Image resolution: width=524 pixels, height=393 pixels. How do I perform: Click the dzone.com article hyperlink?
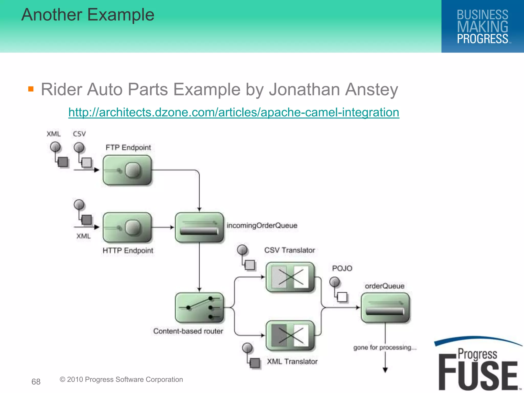click(234, 112)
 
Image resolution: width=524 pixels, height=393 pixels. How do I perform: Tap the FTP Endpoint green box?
click(127, 170)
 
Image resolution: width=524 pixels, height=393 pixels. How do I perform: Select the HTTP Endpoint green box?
click(127, 227)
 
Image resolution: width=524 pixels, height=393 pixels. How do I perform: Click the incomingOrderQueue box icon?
click(199, 227)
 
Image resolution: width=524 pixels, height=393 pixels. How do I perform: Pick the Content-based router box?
click(199, 308)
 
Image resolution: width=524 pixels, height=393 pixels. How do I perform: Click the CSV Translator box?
click(290, 277)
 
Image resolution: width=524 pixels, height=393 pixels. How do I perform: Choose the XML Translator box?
click(290, 335)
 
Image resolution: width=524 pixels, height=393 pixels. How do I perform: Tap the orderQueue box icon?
click(385, 308)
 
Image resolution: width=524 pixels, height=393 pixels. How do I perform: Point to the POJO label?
click(342, 268)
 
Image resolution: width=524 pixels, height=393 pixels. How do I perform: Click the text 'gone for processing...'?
click(385, 347)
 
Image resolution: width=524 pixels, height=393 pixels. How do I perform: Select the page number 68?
click(36, 382)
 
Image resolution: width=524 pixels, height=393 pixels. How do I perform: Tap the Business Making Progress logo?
click(483, 26)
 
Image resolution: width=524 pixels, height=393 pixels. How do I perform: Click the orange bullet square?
click(31, 89)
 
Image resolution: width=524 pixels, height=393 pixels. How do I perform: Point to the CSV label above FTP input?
click(79, 134)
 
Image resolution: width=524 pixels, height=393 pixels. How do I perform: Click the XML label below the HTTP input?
click(83, 236)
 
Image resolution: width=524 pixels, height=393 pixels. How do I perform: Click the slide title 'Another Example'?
click(88, 15)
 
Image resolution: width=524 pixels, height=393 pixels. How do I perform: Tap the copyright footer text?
click(121, 379)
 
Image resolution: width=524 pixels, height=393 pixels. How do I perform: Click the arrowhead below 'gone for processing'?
click(385, 370)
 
